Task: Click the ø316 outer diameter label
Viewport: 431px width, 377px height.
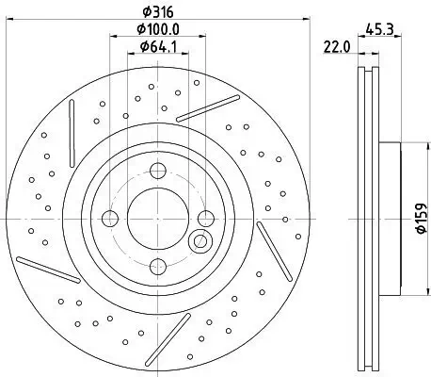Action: pyautogui.click(x=154, y=12)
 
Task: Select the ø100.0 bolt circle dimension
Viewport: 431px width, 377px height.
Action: pyautogui.click(x=154, y=30)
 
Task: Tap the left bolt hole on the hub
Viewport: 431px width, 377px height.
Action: pyautogui.click(x=110, y=219)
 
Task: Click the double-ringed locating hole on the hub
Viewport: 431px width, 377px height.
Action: pyautogui.click(x=199, y=243)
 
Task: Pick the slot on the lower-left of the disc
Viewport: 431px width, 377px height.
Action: pyautogui.click(x=47, y=269)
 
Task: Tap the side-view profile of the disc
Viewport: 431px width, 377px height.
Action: pyautogui.click(x=369, y=217)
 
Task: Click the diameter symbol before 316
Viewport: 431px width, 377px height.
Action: pyautogui.click(x=141, y=12)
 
